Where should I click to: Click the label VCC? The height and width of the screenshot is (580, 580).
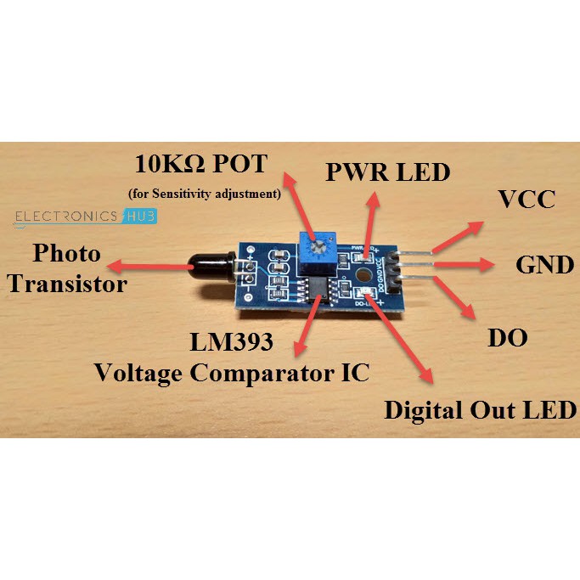coord(526,200)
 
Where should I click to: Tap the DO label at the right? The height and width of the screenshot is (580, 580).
coord(507,338)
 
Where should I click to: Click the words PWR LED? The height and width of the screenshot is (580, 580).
coord(387,173)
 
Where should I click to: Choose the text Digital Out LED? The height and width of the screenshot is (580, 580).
coord(480,411)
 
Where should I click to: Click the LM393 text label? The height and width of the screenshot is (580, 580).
coord(231,343)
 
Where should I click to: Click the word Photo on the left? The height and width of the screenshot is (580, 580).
coord(66,253)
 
